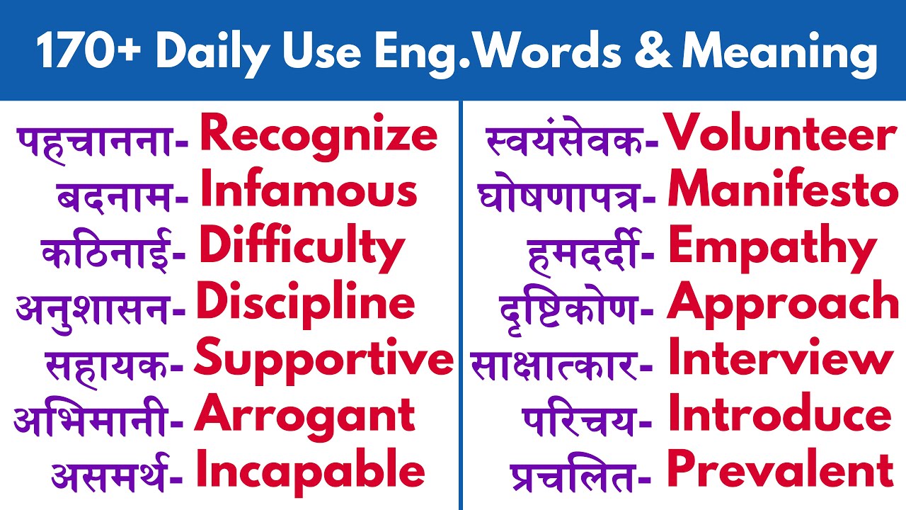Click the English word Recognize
[x=319, y=136]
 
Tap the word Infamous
[x=309, y=192]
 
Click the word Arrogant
[x=304, y=415]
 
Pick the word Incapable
[x=309, y=471]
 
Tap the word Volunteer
[x=781, y=136]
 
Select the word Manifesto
[x=783, y=192]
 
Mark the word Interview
[x=780, y=359]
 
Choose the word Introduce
[x=779, y=415]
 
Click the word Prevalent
[x=780, y=471]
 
